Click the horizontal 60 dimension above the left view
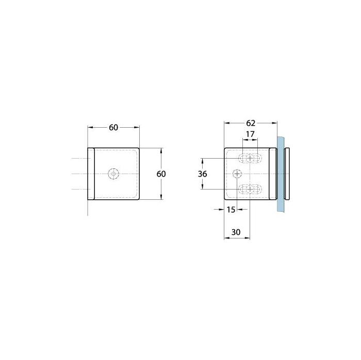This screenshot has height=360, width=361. tap(113, 127)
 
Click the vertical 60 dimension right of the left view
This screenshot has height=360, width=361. tap(161, 174)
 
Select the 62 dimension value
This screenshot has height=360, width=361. tap(251, 123)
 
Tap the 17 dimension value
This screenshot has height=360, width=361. tap(250, 134)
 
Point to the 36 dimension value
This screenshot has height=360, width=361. tap(202, 174)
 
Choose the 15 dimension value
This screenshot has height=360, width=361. tap(231, 210)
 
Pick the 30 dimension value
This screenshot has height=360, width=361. tap(236, 232)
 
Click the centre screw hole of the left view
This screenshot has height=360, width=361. tap(113, 174)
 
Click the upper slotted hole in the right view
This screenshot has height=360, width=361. tap(250, 158)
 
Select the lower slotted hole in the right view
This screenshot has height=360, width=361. tap(250, 189)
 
